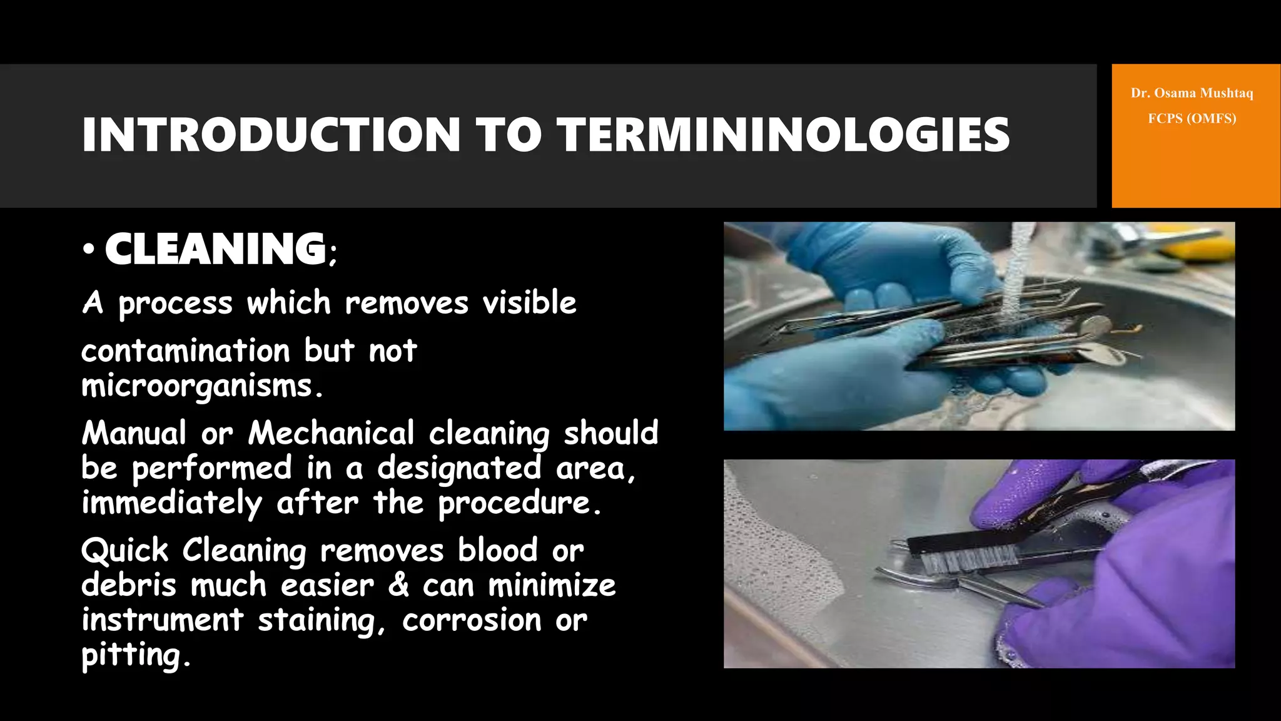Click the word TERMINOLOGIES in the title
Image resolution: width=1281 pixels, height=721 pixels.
coord(783,135)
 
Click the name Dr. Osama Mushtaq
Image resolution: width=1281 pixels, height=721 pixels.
coord(1192,93)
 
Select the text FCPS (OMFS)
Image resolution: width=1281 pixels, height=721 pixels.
coord(1192,118)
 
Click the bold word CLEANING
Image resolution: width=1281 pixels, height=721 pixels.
coord(216,249)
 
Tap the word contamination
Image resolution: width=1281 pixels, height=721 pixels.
coord(186,350)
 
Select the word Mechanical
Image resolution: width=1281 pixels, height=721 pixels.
coord(332,433)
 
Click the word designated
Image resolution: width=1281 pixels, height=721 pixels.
coord(459,468)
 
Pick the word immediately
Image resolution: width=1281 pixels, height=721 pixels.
coord(172,503)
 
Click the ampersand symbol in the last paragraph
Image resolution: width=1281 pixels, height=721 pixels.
coord(398,585)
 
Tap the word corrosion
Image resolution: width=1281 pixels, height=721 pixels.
coord(472,620)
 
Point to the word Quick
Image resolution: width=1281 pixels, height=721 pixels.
coord(125,551)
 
